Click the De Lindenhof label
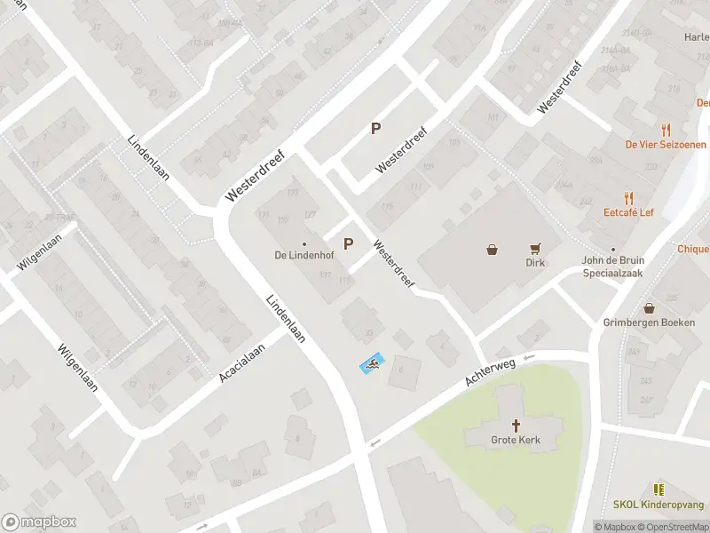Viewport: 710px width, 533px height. pyautogui.click(x=304, y=256)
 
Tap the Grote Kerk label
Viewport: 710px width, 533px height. pyautogui.click(x=515, y=440)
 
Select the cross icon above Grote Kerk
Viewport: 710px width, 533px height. pyautogui.click(x=516, y=426)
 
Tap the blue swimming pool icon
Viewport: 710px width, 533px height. pyautogui.click(x=372, y=363)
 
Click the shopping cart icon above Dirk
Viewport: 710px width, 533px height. pyautogui.click(x=535, y=249)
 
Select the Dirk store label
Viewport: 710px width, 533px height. pyautogui.click(x=534, y=263)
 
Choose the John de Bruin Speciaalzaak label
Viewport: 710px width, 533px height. pyautogui.click(x=612, y=267)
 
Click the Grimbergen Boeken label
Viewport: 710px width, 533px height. pyautogui.click(x=649, y=322)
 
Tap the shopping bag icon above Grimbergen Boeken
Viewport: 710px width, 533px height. pyautogui.click(x=650, y=308)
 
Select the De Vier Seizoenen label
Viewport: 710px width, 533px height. pyautogui.click(x=666, y=144)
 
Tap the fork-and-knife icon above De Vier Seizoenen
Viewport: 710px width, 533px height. pyautogui.click(x=666, y=130)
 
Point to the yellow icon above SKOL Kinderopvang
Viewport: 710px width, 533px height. pyautogui.click(x=659, y=489)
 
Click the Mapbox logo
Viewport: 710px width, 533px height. pyautogui.click(x=39, y=522)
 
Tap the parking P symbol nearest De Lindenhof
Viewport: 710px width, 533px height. pyautogui.click(x=348, y=243)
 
